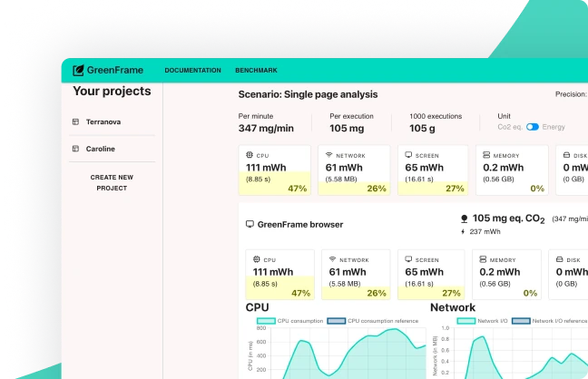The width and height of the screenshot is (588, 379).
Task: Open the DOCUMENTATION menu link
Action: click(192, 71)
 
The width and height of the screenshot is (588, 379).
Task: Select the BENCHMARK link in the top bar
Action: click(256, 71)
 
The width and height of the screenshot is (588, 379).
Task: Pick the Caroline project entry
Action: click(100, 149)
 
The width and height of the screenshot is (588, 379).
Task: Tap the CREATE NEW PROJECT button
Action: click(112, 182)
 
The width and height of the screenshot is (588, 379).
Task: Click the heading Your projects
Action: click(112, 92)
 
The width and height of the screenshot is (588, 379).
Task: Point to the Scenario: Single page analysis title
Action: click(308, 94)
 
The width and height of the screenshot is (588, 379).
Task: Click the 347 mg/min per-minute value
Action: click(266, 129)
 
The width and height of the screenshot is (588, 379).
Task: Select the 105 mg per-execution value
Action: click(347, 129)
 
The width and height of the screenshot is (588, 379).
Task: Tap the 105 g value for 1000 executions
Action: click(422, 129)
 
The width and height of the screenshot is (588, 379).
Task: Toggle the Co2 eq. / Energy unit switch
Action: click(533, 128)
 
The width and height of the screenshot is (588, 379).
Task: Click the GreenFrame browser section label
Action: click(299, 224)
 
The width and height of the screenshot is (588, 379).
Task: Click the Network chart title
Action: click(453, 307)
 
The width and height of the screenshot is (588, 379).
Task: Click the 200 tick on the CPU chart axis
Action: click(261, 369)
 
